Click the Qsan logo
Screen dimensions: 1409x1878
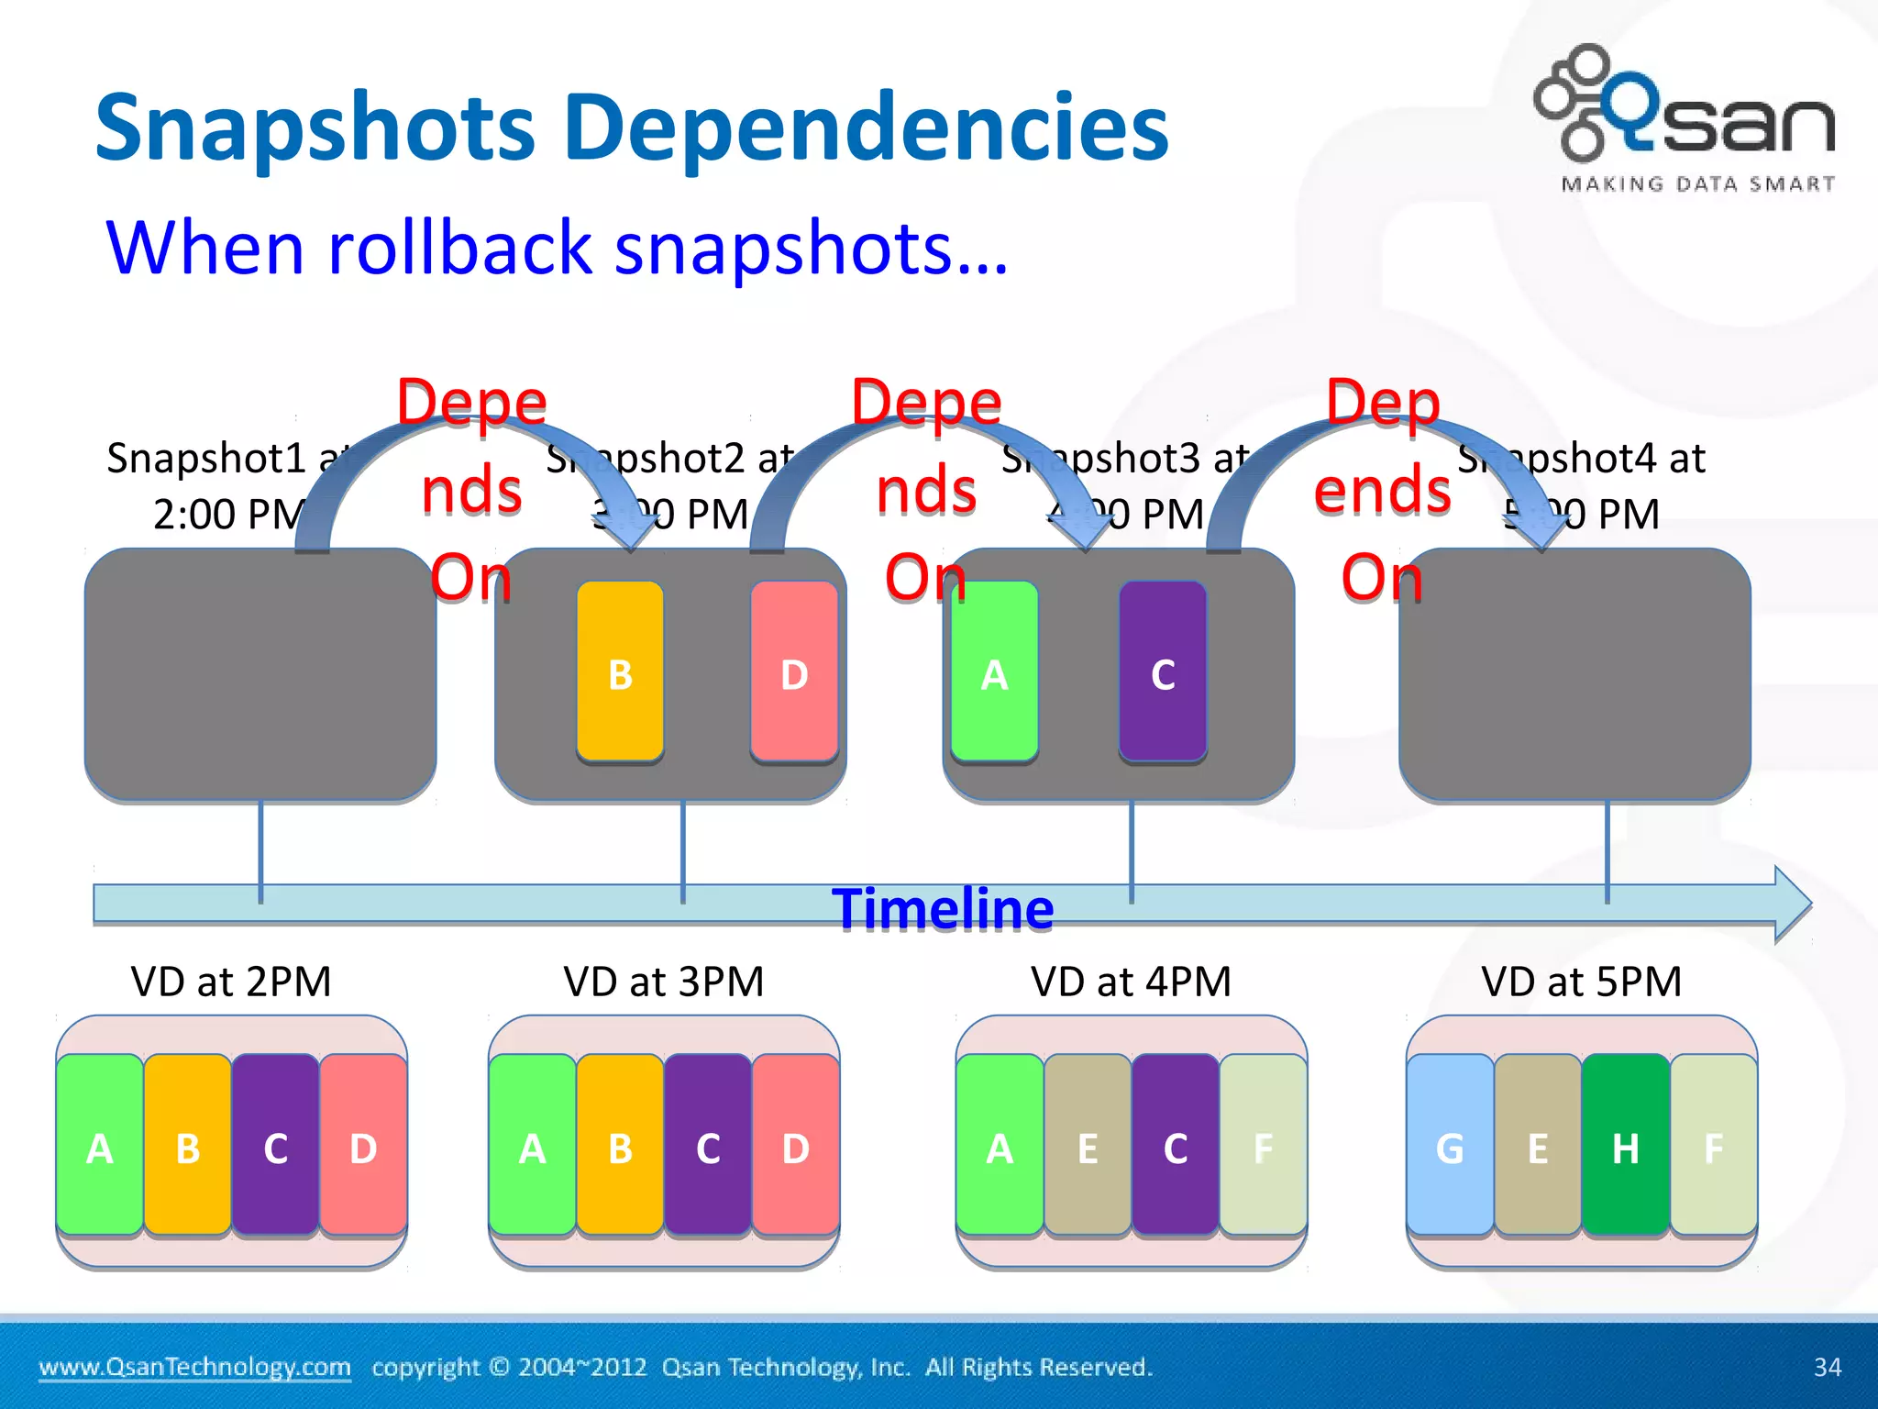[1685, 117]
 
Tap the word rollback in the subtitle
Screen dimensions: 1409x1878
[459, 248]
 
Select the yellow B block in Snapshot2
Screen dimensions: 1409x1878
[620, 671]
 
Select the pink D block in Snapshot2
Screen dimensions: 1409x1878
[794, 671]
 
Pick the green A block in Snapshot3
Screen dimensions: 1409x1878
[994, 671]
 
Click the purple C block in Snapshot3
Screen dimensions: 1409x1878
[1163, 671]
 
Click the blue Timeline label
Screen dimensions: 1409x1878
[943, 909]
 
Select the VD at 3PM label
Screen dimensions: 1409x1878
[663, 982]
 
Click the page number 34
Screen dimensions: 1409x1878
[1827, 1367]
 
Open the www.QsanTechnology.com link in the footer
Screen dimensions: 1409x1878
[194, 1367]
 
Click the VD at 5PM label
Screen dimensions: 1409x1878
[1581, 982]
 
